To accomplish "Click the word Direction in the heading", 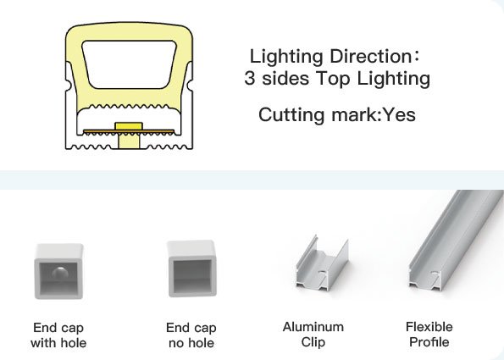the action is pyautogui.click(x=370, y=56).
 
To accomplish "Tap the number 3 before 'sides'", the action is pyautogui.click(x=249, y=78).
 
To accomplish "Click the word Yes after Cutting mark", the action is pyautogui.click(x=400, y=114).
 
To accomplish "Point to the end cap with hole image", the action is pyautogui.click(x=58, y=271).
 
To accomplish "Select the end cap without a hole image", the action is pyautogui.click(x=191, y=269).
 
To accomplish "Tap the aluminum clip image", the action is pyautogui.click(x=322, y=263).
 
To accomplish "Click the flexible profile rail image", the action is pyautogui.click(x=456, y=241).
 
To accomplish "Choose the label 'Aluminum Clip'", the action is pyautogui.click(x=313, y=335).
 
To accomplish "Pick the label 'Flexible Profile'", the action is pyautogui.click(x=429, y=335).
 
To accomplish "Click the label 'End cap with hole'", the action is pyautogui.click(x=58, y=335).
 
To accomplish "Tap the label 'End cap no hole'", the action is pyautogui.click(x=191, y=335).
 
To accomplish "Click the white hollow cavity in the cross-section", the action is pyautogui.click(x=130, y=64).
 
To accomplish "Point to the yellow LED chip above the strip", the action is pyautogui.click(x=129, y=125).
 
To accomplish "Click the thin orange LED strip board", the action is pyautogui.click(x=129, y=131).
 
